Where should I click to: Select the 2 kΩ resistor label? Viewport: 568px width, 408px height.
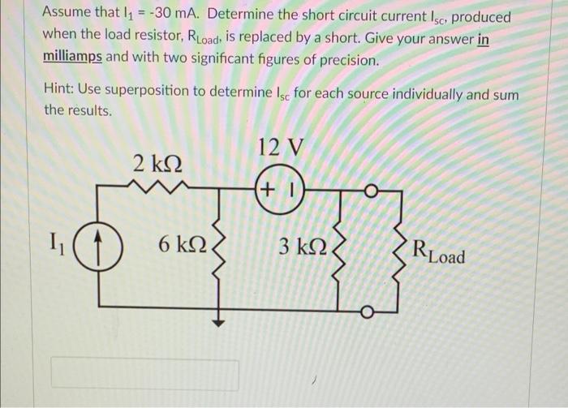click(156, 163)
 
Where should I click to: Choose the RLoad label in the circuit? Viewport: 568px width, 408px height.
click(438, 251)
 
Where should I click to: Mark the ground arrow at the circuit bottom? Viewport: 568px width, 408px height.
click(217, 320)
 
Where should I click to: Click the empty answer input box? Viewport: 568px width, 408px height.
click(145, 374)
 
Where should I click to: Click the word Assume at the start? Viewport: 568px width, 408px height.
click(68, 16)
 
